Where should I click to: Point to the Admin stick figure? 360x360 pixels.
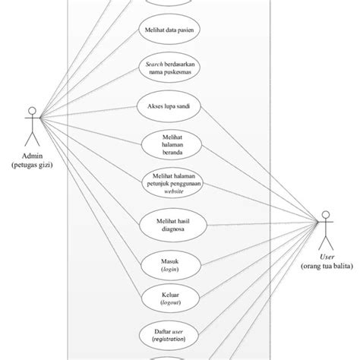pos(32,127)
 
